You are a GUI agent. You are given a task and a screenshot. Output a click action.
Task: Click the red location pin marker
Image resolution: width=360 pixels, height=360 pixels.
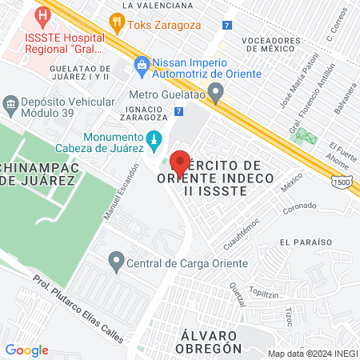click(181, 162)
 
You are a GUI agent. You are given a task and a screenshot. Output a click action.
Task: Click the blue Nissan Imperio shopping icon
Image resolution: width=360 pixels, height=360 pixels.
click(142, 63)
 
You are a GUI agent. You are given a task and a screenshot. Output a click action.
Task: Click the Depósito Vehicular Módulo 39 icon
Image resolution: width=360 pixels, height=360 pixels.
click(11, 103)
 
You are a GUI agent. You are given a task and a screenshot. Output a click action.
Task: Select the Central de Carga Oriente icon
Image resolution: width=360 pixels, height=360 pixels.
click(117, 261)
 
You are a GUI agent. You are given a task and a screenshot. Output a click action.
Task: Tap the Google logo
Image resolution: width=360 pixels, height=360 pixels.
click(26, 350)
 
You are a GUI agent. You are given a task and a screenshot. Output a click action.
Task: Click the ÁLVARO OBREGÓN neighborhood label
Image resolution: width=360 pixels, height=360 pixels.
click(206, 342)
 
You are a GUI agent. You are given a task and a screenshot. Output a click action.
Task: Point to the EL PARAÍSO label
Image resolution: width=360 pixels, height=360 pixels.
click(306, 241)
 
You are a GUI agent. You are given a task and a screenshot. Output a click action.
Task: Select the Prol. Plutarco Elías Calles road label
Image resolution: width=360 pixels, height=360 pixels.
click(78, 309)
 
